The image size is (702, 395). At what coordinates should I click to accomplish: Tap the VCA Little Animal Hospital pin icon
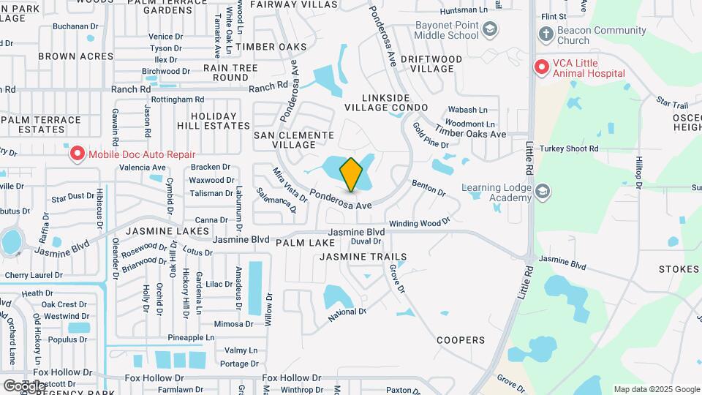(542, 67)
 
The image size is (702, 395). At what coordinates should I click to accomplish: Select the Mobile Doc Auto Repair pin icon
(77, 154)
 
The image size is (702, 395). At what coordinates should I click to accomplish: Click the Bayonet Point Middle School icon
(491, 30)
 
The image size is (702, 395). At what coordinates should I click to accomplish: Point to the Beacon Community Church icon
(545, 34)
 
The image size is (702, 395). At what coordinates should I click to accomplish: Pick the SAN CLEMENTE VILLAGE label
(294, 140)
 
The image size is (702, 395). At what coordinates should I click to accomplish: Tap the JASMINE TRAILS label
(363, 257)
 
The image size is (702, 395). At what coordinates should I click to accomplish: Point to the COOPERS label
(461, 340)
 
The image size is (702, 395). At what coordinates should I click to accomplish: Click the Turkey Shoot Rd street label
(569, 148)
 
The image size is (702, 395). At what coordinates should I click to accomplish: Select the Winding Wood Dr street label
(420, 222)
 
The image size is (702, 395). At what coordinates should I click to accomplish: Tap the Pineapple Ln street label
(191, 337)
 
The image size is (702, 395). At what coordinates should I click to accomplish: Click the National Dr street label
(347, 314)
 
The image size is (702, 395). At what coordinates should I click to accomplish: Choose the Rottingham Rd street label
(179, 99)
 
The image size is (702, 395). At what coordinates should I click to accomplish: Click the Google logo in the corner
(24, 385)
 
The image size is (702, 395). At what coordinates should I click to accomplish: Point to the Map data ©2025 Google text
(656, 389)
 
